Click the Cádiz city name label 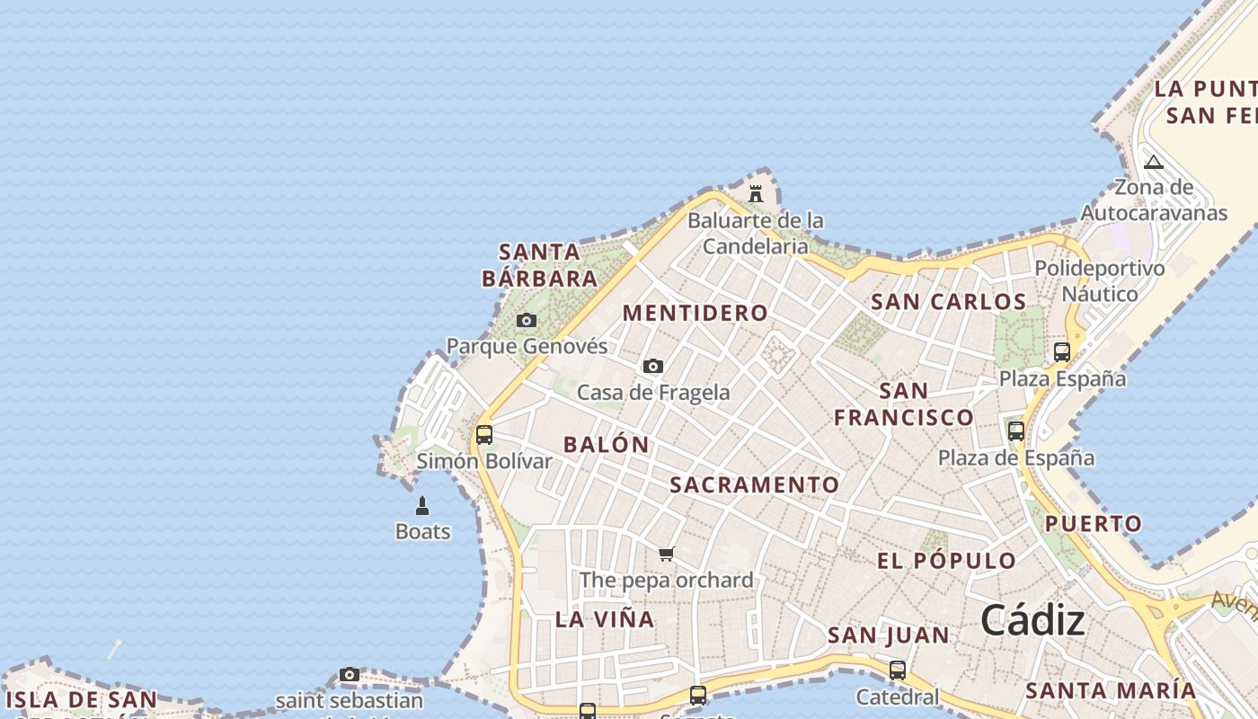click(1032, 620)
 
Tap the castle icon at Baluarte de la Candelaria click(756, 193)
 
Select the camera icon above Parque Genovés click(527, 320)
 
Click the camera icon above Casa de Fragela click(653, 366)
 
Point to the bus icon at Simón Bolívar click(484, 435)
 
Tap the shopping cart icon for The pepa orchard click(666, 554)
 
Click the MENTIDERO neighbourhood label click(695, 313)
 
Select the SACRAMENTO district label click(755, 485)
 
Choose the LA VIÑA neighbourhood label click(605, 619)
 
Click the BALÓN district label click(606, 444)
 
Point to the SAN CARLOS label click(948, 302)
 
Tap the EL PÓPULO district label click(947, 561)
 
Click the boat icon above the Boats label click(422, 506)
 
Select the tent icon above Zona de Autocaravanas click(1154, 162)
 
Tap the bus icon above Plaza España click(1062, 351)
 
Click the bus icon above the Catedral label click(897, 670)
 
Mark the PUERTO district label click(1094, 523)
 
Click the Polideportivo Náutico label click(1100, 281)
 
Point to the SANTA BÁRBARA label click(540, 265)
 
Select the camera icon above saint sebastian click(350, 674)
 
